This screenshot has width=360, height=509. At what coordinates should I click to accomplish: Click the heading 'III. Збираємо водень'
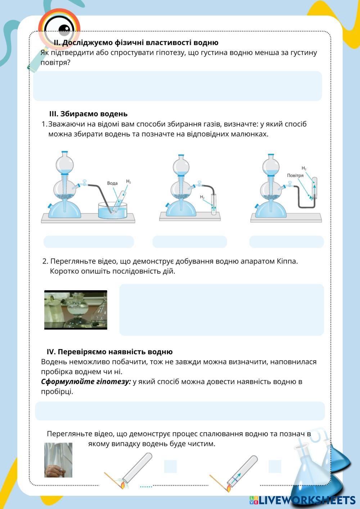[88, 114]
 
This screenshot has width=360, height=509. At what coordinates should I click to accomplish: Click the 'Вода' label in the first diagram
[112, 183]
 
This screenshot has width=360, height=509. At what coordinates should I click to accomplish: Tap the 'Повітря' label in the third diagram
[295, 175]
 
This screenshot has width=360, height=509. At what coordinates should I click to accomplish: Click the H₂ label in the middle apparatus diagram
[202, 197]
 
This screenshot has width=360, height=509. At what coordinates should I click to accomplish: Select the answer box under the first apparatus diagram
[89, 242]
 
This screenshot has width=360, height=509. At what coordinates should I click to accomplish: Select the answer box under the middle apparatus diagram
[189, 242]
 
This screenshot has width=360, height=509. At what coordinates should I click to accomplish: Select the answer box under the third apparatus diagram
[286, 242]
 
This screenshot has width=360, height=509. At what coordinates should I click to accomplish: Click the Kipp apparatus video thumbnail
[76, 310]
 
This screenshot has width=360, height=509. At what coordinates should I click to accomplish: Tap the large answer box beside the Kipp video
[221, 310]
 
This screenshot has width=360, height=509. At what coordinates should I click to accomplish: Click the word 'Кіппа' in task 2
[287, 261]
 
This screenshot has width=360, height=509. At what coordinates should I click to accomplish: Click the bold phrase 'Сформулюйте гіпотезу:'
[86, 382]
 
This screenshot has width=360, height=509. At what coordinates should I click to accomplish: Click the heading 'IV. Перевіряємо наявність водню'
[109, 352]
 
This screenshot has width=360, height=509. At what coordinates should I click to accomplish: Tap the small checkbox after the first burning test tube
[170, 466]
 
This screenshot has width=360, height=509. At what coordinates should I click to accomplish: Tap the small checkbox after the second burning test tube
[275, 466]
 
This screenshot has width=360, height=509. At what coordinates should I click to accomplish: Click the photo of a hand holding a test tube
[58, 460]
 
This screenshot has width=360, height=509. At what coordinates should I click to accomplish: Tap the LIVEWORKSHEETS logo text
[306, 500]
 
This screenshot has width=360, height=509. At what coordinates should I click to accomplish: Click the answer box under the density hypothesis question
[177, 86]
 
